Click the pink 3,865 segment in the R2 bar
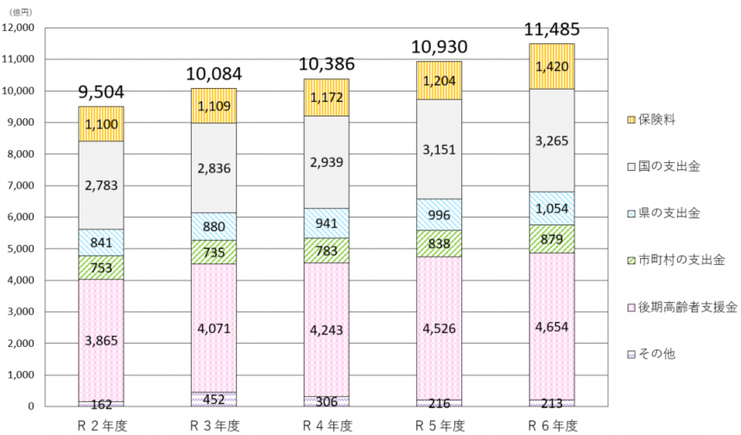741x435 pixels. [101, 340]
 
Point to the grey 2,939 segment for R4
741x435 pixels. [326, 162]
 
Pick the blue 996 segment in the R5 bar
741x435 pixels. [439, 215]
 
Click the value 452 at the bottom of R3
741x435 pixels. [213, 399]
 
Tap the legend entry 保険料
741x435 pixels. [651, 120]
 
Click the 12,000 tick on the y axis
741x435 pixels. [18, 28]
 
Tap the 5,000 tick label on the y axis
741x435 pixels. [20, 249]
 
